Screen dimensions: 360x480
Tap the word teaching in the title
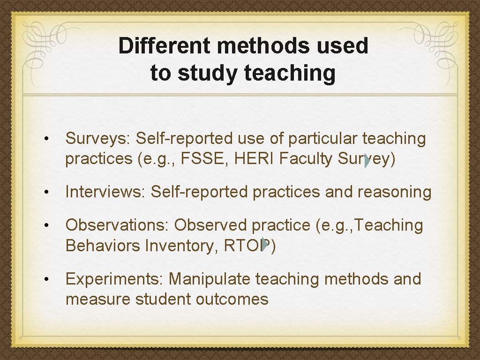289,73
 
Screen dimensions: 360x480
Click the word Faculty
305,159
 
